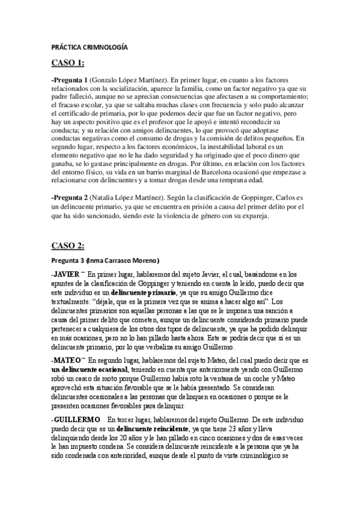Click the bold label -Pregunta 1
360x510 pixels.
pos(70,81)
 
